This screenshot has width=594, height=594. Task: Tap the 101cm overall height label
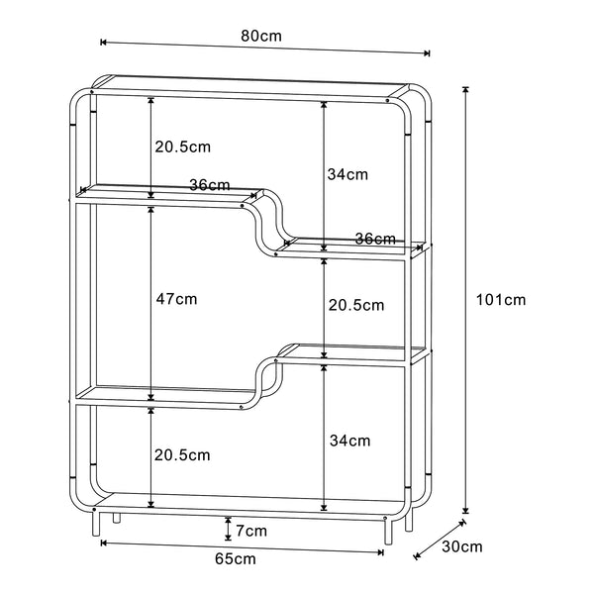501,300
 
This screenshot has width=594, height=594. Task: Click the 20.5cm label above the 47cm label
182,147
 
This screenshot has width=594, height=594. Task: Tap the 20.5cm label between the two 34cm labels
355,306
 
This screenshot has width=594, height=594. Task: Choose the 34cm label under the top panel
347,174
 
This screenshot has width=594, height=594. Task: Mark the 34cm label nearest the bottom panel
349,440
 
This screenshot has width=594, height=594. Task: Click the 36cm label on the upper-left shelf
210,185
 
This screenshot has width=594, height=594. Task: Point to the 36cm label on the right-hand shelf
375,239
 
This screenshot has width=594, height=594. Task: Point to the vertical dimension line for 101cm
465,300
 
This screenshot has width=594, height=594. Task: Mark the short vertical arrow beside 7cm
229,529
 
